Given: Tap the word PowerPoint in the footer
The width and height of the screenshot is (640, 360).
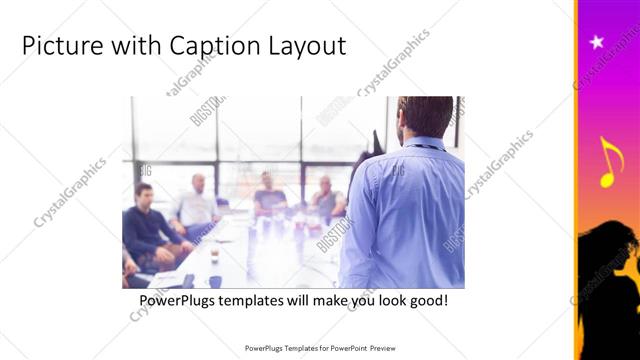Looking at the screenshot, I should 346,349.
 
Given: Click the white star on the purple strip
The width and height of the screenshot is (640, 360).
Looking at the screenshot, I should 597,42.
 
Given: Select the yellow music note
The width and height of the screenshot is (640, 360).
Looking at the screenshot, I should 609,162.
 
